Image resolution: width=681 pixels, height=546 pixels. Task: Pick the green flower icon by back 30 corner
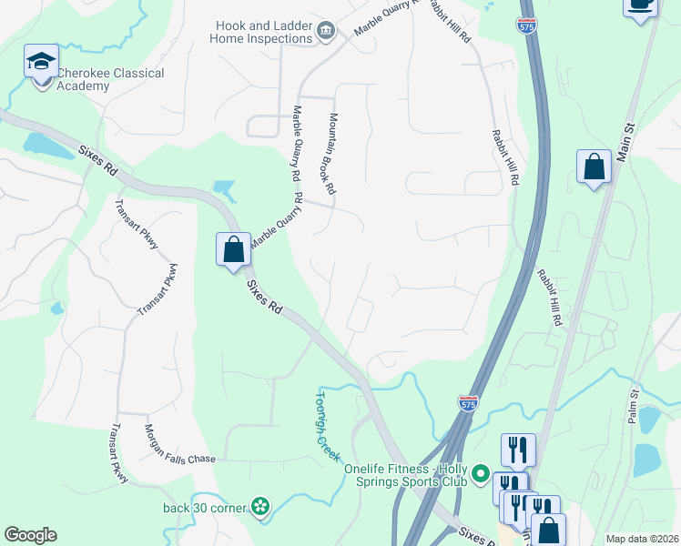pyautogui.click(x=261, y=507)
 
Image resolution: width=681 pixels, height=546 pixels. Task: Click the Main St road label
pyautogui.click(x=623, y=142)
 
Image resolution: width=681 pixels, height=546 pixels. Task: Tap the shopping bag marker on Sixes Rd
pyautogui.click(x=233, y=248)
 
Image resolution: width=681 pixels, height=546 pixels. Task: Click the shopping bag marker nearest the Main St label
pyautogui.click(x=594, y=167)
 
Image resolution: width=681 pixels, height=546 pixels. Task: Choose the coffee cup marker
pyautogui.click(x=640, y=5)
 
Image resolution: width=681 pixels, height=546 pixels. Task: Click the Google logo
pyautogui.click(x=30, y=535)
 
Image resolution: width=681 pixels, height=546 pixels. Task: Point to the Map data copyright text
pyautogui.click(x=641, y=539)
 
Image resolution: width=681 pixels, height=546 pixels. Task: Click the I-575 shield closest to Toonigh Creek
pyautogui.click(x=468, y=400)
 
